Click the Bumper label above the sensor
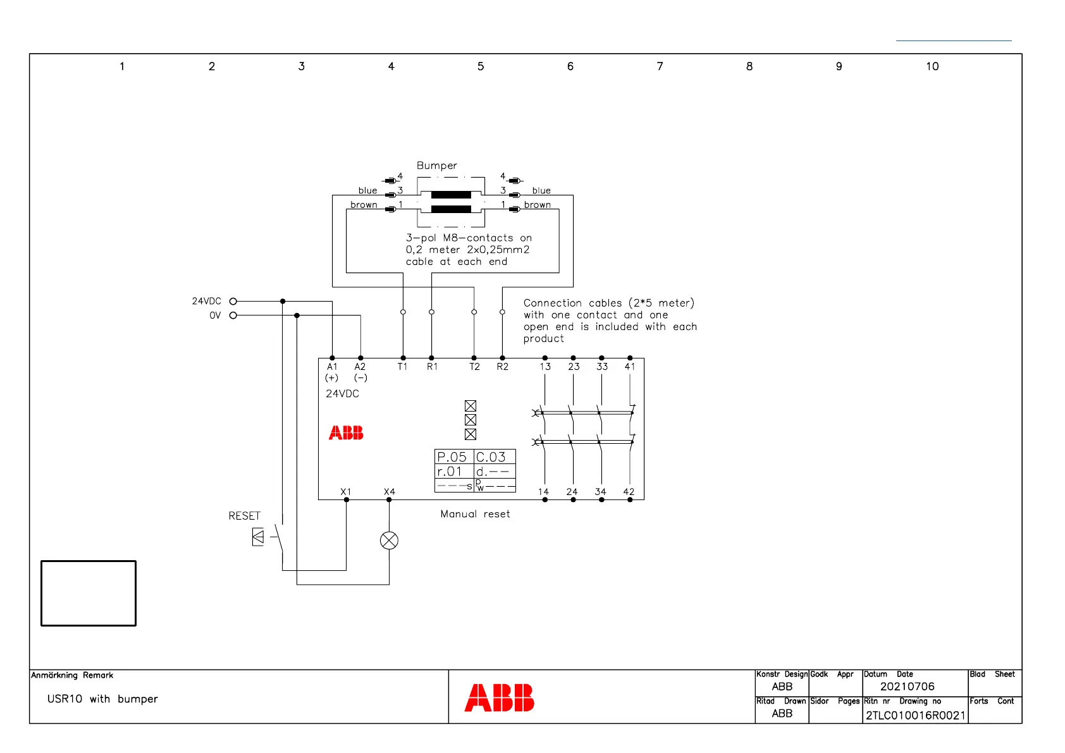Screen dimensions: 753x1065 (436, 166)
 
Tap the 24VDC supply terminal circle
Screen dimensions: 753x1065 (233, 302)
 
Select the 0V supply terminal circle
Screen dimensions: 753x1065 (233, 315)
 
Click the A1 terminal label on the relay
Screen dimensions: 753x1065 (332, 367)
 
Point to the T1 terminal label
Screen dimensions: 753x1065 (402, 367)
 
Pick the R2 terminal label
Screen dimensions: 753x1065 (502, 367)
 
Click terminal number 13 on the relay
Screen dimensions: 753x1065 (545, 367)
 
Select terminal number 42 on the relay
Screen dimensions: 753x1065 (629, 492)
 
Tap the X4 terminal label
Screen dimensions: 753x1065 (389, 492)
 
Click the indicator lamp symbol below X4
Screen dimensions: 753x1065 (389, 541)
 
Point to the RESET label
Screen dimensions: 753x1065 (244, 516)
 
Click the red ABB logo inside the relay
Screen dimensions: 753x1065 (346, 433)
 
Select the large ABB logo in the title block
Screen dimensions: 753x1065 (499, 698)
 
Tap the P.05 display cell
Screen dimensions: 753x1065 (452, 456)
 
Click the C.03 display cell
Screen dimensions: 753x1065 (491, 456)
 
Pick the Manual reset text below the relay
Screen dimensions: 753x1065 (475, 514)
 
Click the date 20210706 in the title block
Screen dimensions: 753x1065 (907, 687)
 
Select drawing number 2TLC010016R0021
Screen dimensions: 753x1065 (915, 715)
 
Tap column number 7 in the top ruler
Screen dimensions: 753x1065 (660, 66)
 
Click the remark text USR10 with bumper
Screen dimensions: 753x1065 (102, 699)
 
